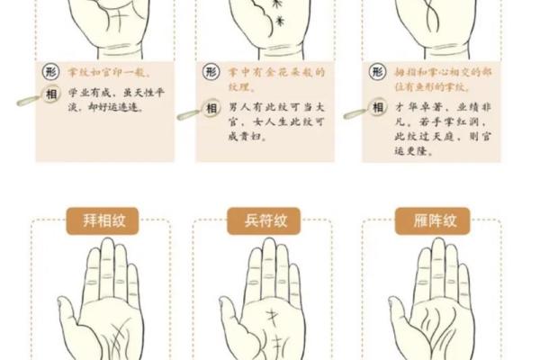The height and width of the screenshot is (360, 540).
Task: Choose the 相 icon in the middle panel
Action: coord(211,107)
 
